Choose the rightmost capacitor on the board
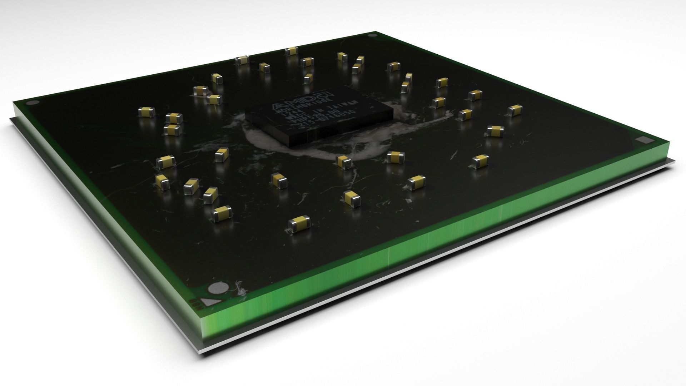tap(515, 110)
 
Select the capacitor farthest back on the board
tap(292, 51)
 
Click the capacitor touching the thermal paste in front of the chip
tap(344, 162)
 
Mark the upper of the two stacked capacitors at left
tap(174, 118)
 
